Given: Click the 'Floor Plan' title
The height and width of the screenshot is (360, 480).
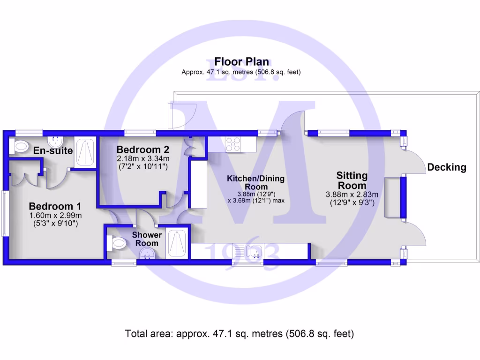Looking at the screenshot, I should tap(241, 61).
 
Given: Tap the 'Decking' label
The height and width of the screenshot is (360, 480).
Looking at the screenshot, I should tap(447, 167).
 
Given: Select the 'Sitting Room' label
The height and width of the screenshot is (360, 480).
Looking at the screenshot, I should tap(352, 180).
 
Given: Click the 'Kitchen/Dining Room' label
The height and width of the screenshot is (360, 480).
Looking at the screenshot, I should tap(255, 182).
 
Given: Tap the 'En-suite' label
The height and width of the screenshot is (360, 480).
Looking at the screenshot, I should tap(52, 150).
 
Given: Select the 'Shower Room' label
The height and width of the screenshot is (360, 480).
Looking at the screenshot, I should tap(147, 239).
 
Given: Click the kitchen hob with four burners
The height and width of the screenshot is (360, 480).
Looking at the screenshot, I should tap(233, 144).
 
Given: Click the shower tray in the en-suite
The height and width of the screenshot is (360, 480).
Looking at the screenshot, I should tap(85, 151).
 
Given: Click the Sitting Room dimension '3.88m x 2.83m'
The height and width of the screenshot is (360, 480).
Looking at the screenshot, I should tap(352, 195).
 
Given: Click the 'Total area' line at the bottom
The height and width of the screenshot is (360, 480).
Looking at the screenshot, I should tap(240, 334).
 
